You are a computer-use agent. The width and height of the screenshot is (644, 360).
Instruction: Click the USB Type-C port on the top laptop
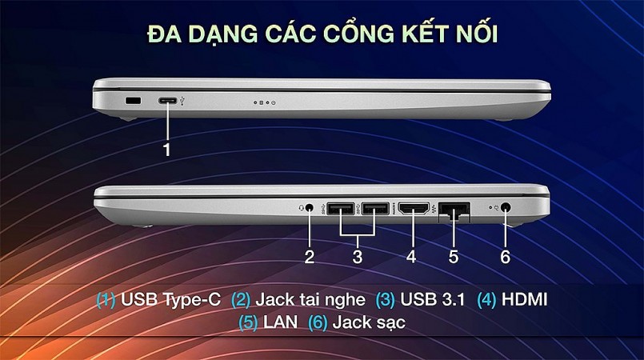pos(169,102)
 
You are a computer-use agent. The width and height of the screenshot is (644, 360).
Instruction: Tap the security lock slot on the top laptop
pos(133,101)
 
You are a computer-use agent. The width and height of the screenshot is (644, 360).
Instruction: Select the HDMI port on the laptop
pos(414,210)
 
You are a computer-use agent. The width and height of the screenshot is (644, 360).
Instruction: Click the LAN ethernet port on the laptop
pos(454,212)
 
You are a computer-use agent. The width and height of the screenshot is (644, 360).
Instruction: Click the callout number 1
pos(167,149)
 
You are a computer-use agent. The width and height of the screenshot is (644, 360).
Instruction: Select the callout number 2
pos(309,257)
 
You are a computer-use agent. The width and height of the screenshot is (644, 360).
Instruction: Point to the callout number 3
pos(358,257)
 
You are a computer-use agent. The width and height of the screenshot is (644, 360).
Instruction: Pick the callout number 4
pos(411,257)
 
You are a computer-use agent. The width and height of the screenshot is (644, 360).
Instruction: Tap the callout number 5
pos(453,257)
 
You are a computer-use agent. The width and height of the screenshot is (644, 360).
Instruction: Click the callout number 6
pos(505,257)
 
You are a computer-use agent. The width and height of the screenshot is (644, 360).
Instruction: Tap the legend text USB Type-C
pos(170,300)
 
